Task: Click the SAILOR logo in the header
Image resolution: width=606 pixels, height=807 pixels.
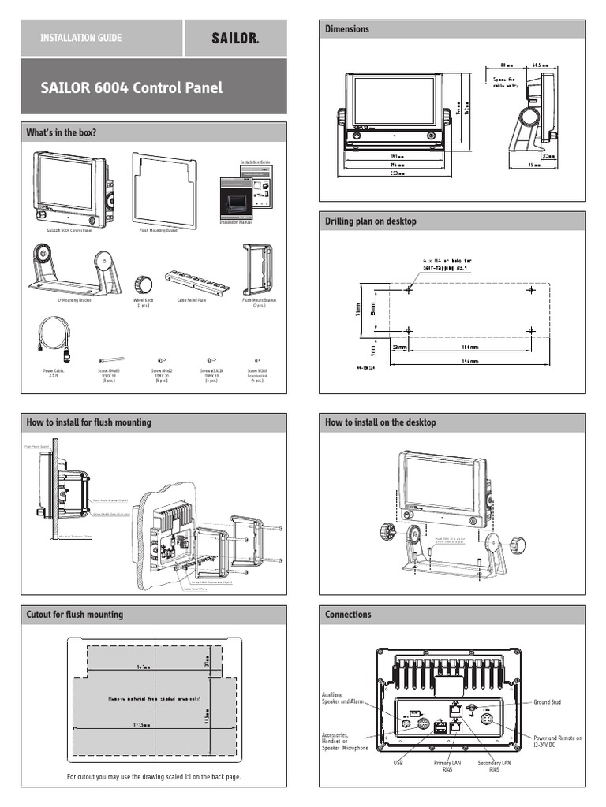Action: click(x=235, y=38)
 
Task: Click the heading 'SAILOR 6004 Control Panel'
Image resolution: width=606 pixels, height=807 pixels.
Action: click(x=131, y=87)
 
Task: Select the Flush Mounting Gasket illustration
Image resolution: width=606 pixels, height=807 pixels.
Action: click(x=163, y=188)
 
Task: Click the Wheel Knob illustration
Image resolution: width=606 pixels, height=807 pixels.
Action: click(x=143, y=284)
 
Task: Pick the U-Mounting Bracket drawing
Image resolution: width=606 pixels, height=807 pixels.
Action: click(x=75, y=271)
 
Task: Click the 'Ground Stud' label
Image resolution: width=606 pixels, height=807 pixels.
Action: click(x=547, y=701)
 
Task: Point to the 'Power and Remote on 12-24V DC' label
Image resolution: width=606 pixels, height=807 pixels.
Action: click(x=557, y=742)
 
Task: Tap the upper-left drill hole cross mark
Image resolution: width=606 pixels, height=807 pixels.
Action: click(x=408, y=291)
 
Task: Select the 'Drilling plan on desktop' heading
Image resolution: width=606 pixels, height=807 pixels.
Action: click(x=371, y=221)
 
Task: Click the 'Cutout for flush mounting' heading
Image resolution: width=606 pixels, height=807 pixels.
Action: click(x=75, y=614)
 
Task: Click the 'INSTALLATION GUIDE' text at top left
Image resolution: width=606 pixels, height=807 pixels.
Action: click(x=81, y=38)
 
